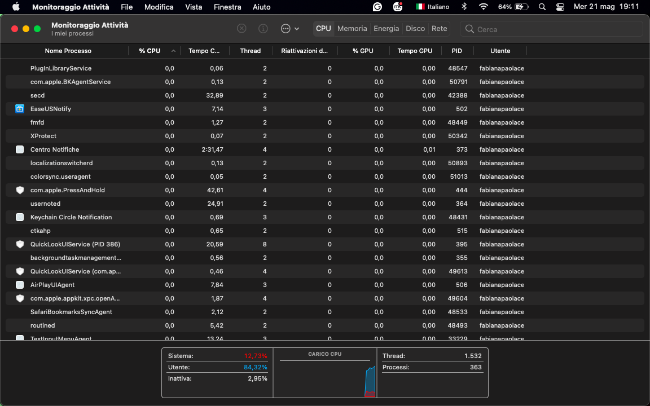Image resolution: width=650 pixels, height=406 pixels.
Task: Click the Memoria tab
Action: (352, 29)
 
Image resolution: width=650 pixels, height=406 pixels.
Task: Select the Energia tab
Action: (386, 29)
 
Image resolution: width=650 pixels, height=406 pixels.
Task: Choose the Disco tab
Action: (415, 29)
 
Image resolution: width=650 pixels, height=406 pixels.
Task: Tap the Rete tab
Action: (439, 29)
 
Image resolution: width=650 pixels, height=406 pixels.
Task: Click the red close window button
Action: (15, 29)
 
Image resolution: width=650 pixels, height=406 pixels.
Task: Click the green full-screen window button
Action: (37, 29)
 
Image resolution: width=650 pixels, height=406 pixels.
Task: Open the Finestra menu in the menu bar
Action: (227, 7)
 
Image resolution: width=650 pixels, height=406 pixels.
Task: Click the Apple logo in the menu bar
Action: (16, 7)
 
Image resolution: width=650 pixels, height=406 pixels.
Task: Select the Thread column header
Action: (250, 51)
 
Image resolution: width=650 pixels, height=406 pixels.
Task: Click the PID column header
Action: (456, 51)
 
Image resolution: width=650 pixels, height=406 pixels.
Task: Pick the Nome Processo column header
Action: (68, 51)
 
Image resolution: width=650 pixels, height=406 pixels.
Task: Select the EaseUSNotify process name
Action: (51, 109)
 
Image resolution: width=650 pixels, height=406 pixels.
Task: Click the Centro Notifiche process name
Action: (55, 149)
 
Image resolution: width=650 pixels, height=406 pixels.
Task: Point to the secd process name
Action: (37, 95)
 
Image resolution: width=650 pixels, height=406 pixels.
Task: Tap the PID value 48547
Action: (458, 68)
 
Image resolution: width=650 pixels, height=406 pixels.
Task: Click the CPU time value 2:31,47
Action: (212, 149)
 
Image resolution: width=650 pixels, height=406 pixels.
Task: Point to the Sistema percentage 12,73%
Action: (256, 356)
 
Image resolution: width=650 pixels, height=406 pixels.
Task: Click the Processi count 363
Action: (476, 367)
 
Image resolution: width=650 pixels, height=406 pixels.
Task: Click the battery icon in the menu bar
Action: (522, 7)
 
